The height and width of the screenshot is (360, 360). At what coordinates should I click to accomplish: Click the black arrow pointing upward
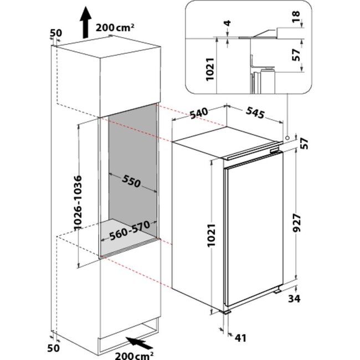pos(86,22)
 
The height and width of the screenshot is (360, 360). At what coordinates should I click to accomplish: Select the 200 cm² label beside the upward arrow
pos(115,28)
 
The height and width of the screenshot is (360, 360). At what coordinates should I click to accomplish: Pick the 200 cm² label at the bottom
pos(135,355)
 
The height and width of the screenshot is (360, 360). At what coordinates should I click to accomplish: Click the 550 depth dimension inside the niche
pos(131,181)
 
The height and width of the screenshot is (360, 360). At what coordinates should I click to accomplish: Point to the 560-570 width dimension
pos(130,230)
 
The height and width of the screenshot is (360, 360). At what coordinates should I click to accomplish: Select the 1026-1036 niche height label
pos(78,203)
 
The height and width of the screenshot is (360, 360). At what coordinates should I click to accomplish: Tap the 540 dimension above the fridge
pos(199,114)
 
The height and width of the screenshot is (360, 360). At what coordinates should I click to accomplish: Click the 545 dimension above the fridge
pos(255,113)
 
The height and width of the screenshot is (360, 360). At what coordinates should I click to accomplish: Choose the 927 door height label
pos(297,223)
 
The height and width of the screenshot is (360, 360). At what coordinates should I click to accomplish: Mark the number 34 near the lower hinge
pos(294,299)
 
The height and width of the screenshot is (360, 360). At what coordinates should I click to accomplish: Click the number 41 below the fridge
pos(240,338)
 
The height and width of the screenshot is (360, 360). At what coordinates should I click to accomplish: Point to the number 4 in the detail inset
pos(228,23)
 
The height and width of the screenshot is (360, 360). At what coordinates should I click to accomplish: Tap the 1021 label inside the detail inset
pos(210,69)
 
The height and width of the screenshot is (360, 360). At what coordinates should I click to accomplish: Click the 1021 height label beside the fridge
pos(212,235)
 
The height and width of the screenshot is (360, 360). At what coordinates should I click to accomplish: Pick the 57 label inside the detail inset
pos(296,55)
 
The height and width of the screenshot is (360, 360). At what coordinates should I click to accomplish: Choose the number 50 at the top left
pos(56,33)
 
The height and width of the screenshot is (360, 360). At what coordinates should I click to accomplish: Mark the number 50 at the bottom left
pos(53,348)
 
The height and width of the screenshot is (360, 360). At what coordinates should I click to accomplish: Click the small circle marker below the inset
pos(287,137)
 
